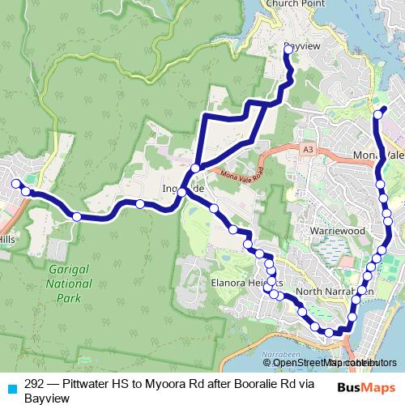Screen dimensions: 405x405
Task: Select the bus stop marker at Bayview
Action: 288,49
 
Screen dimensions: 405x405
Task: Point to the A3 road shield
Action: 307,150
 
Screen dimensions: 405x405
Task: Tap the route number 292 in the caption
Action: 34,385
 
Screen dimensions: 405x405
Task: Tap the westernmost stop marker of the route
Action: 15,184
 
